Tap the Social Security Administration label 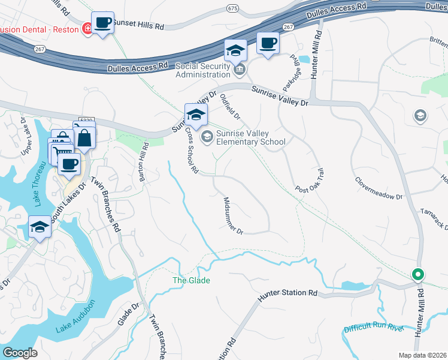click(x=202, y=70)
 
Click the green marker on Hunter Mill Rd click(x=418, y=275)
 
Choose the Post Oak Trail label click(x=309, y=181)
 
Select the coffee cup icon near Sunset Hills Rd click(x=102, y=23)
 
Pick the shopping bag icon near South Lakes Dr click(x=85, y=137)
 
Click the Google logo click(x=20, y=352)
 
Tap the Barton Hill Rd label click(x=144, y=159)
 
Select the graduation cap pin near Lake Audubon click(x=40, y=227)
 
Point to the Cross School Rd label click(x=192, y=151)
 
